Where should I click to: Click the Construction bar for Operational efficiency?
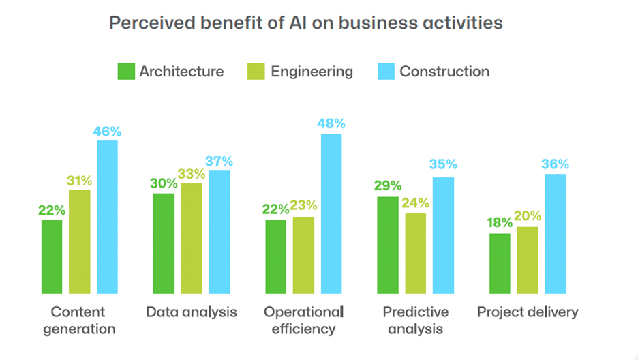[x=331, y=213]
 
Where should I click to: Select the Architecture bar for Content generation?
[x=52, y=256]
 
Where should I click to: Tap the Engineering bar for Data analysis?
[x=192, y=238]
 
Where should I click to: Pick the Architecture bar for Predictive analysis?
[x=387, y=245]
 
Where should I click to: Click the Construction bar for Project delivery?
[x=555, y=233]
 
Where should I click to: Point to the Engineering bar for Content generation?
[x=80, y=241]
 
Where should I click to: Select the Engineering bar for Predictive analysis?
[x=415, y=253]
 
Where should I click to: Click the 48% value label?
[x=331, y=123]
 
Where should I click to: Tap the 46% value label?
[x=107, y=131]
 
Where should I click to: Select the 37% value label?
[x=219, y=162]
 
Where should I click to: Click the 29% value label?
[x=387, y=186]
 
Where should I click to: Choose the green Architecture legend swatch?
[x=126, y=72]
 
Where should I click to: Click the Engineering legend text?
[x=312, y=72]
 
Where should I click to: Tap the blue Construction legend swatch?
[x=386, y=72]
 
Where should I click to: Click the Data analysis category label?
[x=192, y=312]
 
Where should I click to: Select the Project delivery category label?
[x=528, y=312]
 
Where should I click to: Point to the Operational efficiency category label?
[x=303, y=320]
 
